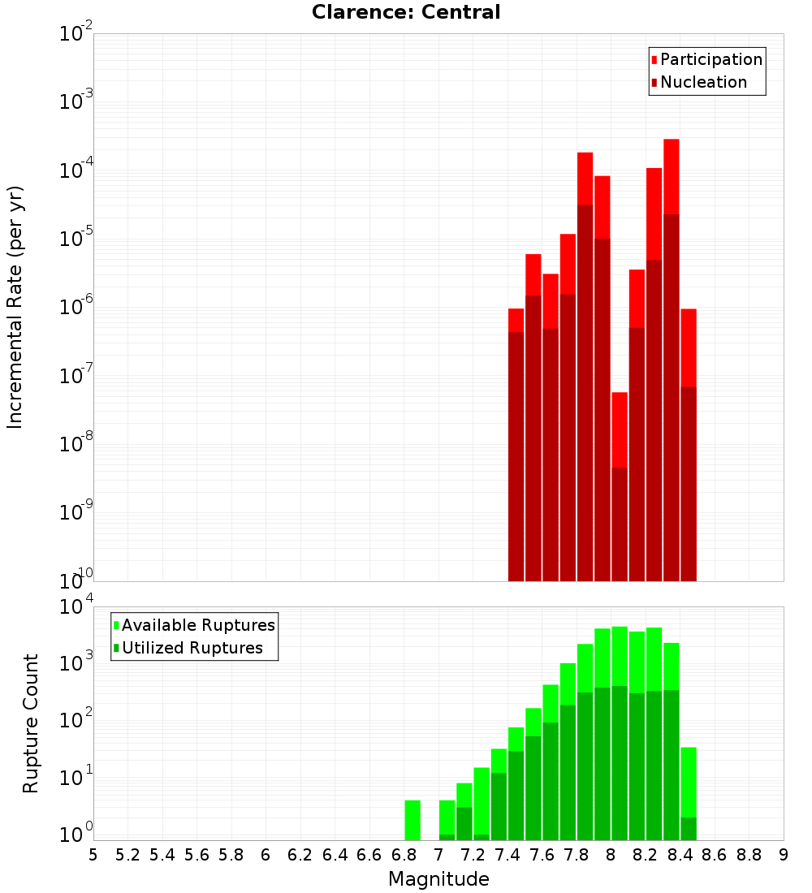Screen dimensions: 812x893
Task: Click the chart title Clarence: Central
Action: tap(406, 12)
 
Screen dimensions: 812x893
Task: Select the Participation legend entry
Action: tap(706, 59)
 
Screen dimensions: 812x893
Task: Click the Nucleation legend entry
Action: tap(699, 82)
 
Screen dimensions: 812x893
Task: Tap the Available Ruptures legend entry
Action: tap(194, 625)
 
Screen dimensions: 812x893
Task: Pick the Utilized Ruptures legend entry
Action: tap(188, 648)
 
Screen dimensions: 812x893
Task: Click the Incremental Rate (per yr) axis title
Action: tap(15, 307)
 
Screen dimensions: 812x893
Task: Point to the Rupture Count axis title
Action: tap(30, 723)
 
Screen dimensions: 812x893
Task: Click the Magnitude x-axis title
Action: tap(438, 878)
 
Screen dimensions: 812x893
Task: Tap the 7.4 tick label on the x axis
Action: tap(508, 855)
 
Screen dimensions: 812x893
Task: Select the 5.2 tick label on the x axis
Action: tap(127, 855)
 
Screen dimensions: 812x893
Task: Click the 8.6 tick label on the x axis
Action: tap(715, 855)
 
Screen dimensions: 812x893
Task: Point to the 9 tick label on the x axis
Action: tap(784, 855)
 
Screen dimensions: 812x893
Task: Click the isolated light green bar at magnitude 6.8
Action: tap(412, 820)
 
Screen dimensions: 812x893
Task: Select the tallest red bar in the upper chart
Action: tap(672, 360)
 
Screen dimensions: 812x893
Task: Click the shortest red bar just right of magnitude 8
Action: tap(620, 487)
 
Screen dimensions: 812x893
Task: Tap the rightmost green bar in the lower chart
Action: tap(689, 794)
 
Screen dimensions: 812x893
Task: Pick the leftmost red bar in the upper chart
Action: tap(516, 445)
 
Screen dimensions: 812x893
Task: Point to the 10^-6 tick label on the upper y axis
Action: tap(76, 306)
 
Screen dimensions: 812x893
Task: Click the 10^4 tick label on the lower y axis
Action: tap(76, 606)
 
